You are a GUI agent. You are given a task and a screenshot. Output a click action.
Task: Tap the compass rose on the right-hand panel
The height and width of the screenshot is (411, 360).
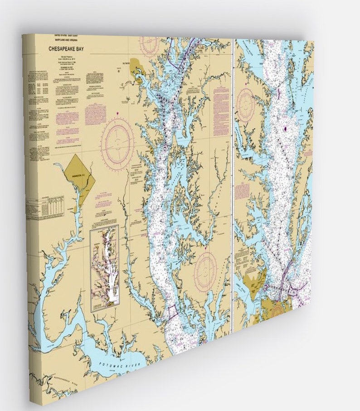(x=247, y=105)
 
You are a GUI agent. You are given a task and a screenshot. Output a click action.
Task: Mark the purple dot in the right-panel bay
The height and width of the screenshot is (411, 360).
(x=286, y=129)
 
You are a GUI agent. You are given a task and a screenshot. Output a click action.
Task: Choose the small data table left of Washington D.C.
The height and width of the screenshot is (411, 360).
(x=51, y=207)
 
